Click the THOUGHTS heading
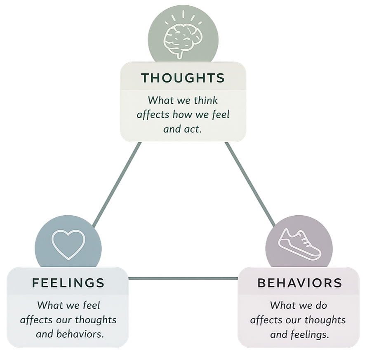(x=183, y=78)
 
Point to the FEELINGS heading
(x=68, y=283)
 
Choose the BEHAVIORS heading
(x=300, y=283)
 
